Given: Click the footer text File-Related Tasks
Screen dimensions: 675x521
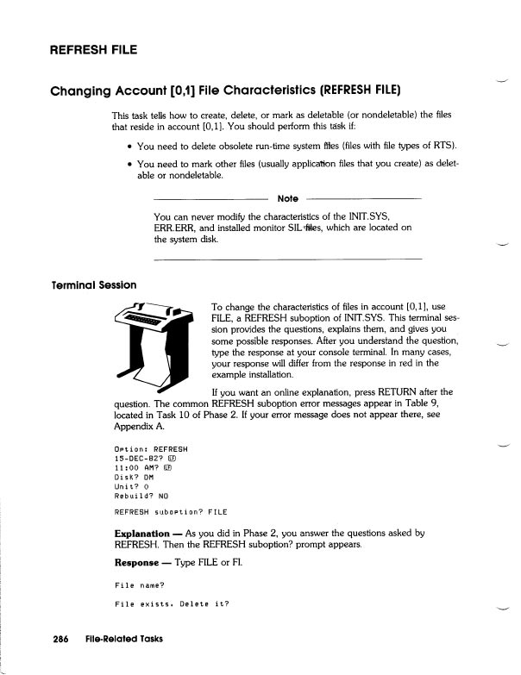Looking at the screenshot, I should pos(124,639).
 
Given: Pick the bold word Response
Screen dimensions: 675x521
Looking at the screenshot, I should pos(136,562).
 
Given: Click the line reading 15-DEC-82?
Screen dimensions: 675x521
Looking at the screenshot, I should pos(142,459).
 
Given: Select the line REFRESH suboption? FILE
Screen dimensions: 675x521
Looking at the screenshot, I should pos(171,512).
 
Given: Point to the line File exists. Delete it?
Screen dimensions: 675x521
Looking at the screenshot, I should pos(172,603).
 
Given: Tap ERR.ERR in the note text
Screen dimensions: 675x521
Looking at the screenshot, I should pos(173,228).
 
